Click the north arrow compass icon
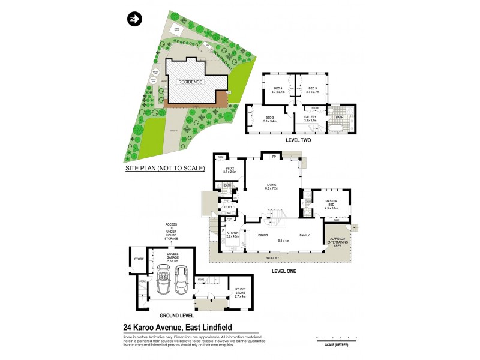click(133, 20)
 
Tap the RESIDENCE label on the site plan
click(189, 81)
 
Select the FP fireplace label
click(274, 157)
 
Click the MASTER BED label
click(332, 204)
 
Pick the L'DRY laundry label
click(228, 208)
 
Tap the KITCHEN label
click(232, 235)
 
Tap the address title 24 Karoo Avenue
click(179, 327)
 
